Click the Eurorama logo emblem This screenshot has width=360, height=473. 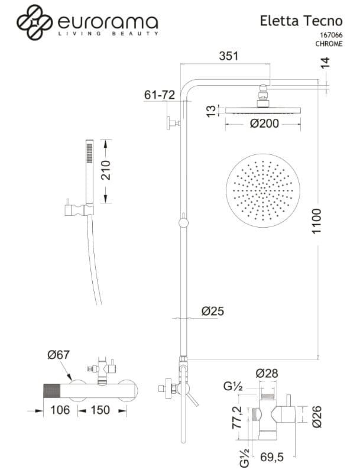(34, 22)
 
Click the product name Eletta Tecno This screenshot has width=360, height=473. (301, 21)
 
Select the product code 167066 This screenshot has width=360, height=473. (331, 35)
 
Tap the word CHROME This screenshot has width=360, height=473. (329, 44)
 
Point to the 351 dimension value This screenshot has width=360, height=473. (229, 56)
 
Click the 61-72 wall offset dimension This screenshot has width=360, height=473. (160, 95)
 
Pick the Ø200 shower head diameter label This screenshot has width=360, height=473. (264, 124)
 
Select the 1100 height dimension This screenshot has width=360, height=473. (317, 221)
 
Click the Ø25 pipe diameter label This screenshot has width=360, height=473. (213, 311)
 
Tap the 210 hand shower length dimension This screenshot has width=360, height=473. (106, 170)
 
